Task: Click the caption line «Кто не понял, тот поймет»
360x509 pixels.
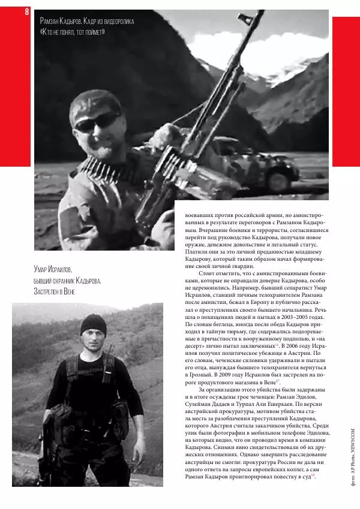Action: click(72, 32)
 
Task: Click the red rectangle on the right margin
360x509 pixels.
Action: click(346, 90)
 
